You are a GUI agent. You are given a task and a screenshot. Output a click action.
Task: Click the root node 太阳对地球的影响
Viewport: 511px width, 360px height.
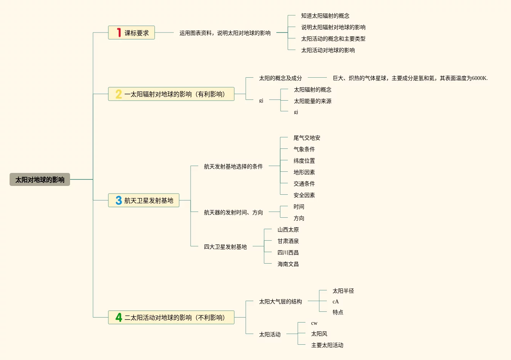tap(40, 179)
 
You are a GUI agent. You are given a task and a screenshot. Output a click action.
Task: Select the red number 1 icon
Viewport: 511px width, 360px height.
tap(119, 33)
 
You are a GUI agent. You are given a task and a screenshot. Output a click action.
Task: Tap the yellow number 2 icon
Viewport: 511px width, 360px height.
tap(119, 94)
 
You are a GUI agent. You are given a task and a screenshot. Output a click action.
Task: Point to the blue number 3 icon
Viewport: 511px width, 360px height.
tap(119, 200)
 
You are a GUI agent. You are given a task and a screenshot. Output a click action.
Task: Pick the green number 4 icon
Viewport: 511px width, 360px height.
tap(119, 318)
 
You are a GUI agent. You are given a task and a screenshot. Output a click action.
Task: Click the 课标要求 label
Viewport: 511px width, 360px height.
tap(137, 33)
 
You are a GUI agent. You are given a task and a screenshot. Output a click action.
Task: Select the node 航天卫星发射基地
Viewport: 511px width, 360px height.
tap(149, 200)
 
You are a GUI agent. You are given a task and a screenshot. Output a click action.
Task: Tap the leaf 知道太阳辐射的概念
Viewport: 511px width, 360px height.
tap(325, 16)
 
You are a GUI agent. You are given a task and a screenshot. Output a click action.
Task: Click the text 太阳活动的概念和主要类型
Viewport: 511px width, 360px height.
tap(333, 39)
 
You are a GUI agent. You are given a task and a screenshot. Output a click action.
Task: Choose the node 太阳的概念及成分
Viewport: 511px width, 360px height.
tap(280, 78)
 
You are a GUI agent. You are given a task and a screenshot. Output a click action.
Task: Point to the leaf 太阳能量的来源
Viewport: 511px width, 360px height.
tap(312, 101)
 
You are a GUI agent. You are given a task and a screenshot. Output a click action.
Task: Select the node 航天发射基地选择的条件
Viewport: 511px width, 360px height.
tap(233, 166)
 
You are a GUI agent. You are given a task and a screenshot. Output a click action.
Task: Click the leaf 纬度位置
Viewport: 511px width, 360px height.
tap(304, 161)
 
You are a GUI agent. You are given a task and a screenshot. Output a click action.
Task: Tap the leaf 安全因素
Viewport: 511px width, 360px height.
tap(304, 195)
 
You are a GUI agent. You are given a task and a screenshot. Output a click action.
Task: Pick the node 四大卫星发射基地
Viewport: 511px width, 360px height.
tap(225, 247)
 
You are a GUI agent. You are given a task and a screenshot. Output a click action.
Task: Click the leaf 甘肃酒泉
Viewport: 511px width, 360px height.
tap(288, 241)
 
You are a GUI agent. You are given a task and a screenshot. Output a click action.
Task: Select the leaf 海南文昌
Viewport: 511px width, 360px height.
tap(288, 264)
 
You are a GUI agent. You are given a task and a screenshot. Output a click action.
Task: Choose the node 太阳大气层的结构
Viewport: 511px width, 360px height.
tap(280, 301)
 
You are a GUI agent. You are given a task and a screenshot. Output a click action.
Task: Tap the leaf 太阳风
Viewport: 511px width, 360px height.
tap(319, 334)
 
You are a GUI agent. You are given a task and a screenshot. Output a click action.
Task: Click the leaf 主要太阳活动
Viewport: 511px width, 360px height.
tap(327, 345)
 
